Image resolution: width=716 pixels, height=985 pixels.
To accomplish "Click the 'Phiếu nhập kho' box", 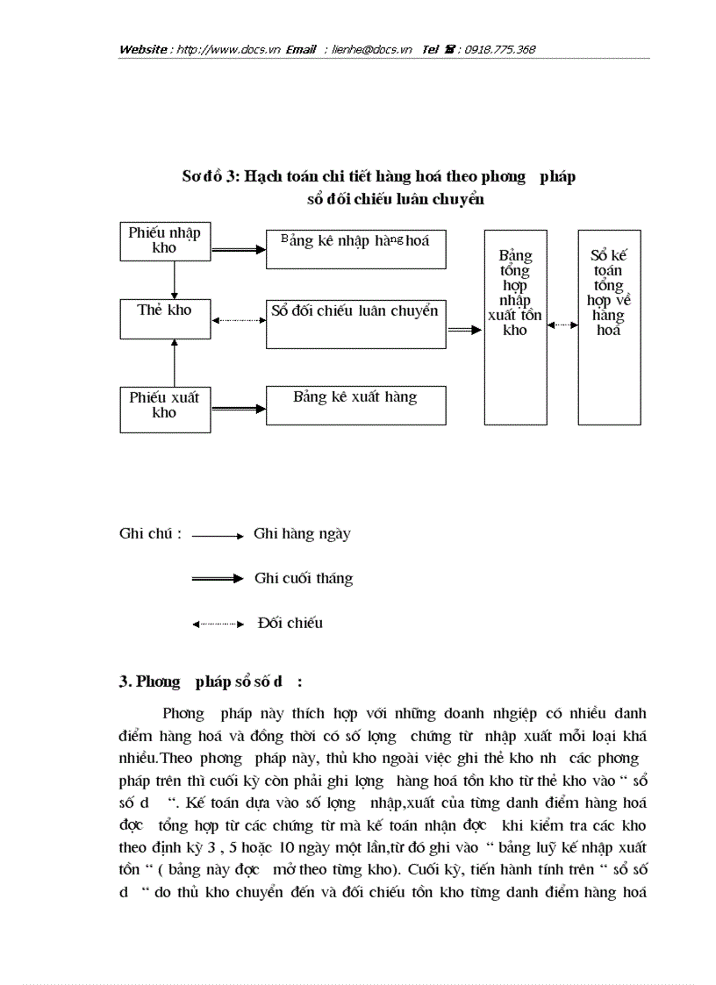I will click(x=164, y=240).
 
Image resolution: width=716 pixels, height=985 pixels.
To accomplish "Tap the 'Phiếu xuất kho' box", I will click(x=164, y=405).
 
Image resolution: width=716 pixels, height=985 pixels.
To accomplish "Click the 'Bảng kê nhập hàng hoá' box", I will click(x=355, y=249).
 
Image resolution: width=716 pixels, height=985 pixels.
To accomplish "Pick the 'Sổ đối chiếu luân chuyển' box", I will click(x=355, y=323).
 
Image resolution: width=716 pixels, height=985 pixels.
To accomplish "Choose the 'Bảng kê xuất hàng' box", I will click(x=355, y=405).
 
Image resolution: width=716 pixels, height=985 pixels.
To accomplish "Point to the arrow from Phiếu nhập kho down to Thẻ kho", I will click(x=175, y=280).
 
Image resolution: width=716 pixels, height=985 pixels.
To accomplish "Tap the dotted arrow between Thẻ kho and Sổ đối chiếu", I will click(x=238, y=320).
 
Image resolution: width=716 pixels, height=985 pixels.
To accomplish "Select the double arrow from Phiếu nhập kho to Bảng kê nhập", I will click(x=238, y=249).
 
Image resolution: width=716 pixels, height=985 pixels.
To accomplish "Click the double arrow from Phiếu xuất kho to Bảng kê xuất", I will click(x=238, y=407).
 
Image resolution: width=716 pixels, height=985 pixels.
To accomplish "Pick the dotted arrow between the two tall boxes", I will click(x=562, y=325).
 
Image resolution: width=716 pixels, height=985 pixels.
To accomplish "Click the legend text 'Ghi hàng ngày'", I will click(x=302, y=533).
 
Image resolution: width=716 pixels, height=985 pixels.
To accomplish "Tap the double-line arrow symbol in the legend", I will click(x=218, y=578).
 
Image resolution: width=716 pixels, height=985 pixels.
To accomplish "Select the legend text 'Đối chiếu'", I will click(x=290, y=623).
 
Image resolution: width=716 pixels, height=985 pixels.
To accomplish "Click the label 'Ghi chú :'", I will click(x=150, y=533).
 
